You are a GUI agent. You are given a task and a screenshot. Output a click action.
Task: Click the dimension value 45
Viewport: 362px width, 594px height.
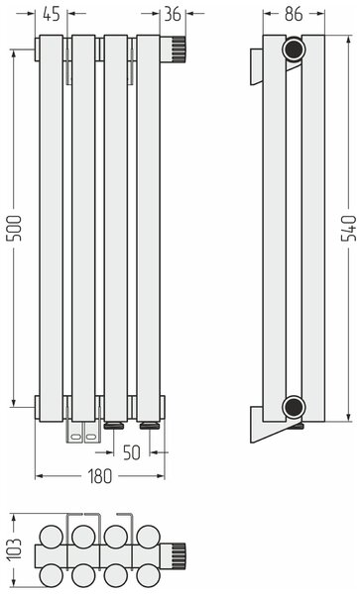pos(52,14)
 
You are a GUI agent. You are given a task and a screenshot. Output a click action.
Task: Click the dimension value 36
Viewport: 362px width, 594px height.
pos(173,14)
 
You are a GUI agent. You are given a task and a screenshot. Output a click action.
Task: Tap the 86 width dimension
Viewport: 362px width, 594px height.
pos(294,14)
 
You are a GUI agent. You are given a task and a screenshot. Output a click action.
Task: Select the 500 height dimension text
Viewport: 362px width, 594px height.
pos(14,228)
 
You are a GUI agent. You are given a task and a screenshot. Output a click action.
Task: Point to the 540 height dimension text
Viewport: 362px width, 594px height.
pos(349,228)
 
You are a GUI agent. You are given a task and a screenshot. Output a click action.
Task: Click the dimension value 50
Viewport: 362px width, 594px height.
pos(132,452)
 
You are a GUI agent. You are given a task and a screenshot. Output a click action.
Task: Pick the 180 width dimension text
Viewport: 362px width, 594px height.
pos(100,476)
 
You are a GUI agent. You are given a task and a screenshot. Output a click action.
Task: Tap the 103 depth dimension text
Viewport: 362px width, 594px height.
pos(15,549)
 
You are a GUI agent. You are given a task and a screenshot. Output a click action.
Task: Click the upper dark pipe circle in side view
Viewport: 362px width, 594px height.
pos(294,49)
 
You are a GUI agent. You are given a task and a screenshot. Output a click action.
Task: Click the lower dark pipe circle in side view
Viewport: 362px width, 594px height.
pos(294,407)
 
